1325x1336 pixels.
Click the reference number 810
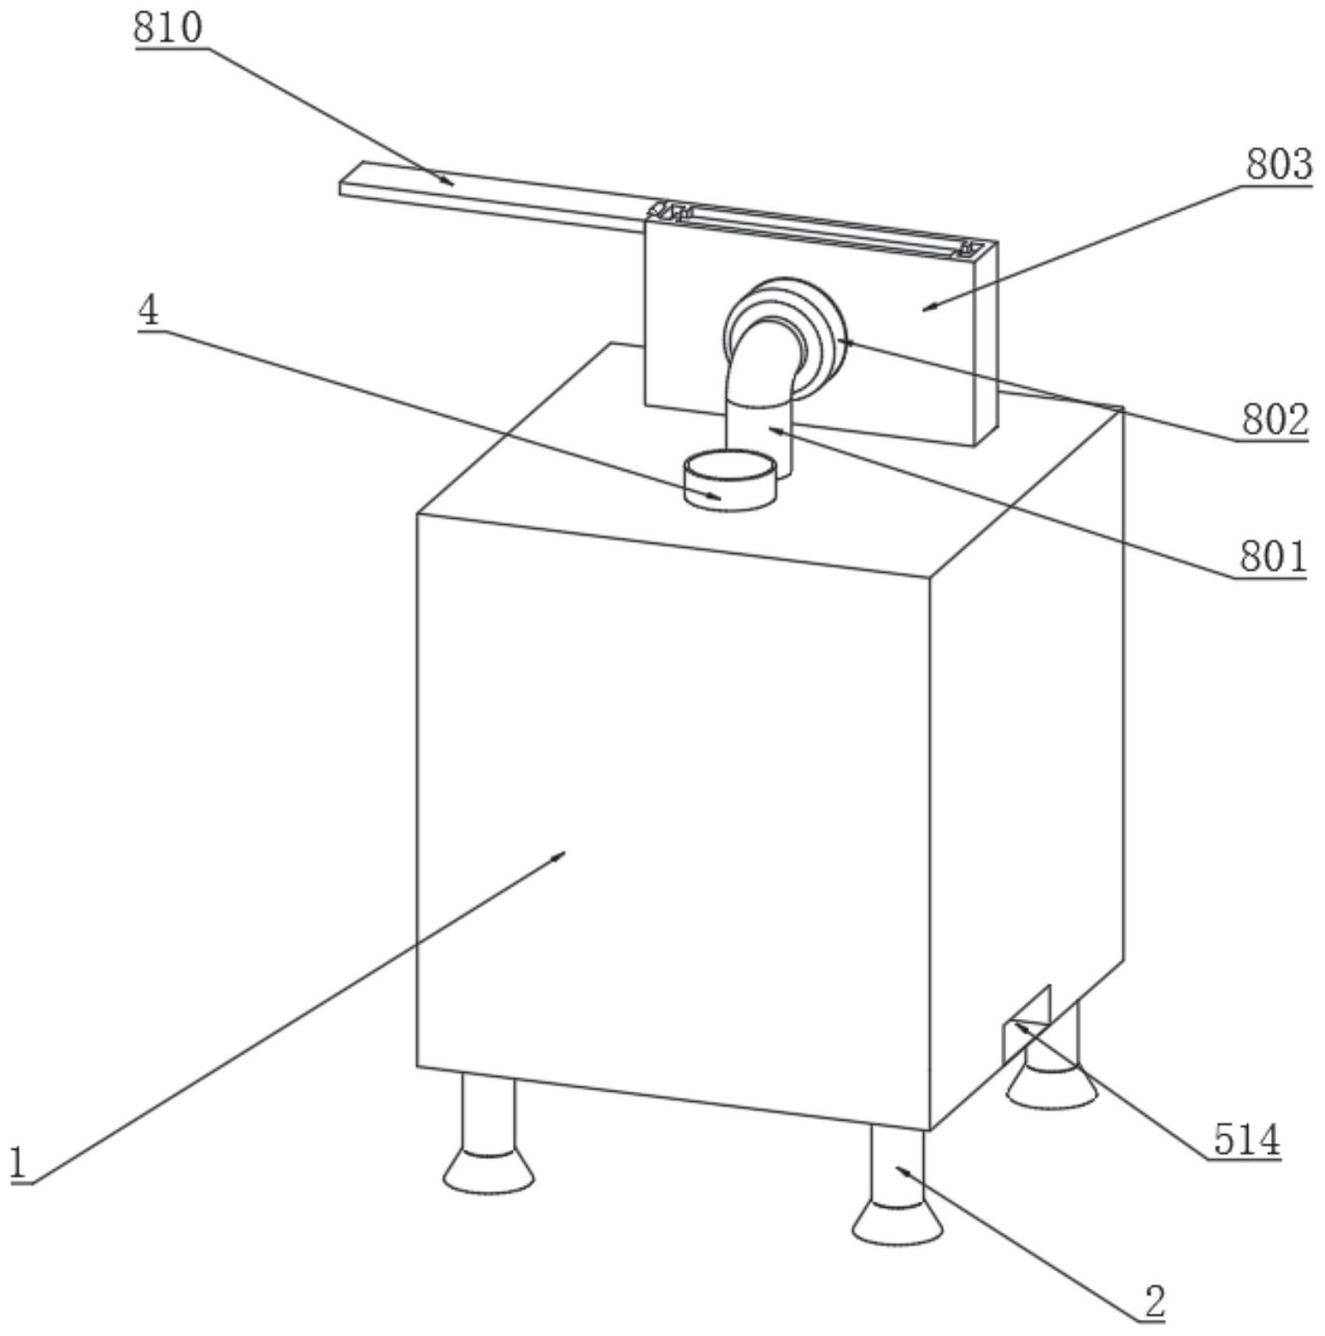tap(168, 27)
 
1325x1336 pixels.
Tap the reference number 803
tap(1278, 164)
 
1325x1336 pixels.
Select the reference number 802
tap(1275, 420)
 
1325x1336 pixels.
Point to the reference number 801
tap(1273, 557)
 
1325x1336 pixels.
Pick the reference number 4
tap(149, 311)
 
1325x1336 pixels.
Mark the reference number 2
tap(1154, 1303)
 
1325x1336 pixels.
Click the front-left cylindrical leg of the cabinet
tap(488, 1111)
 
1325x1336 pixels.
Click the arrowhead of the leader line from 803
tap(927, 308)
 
